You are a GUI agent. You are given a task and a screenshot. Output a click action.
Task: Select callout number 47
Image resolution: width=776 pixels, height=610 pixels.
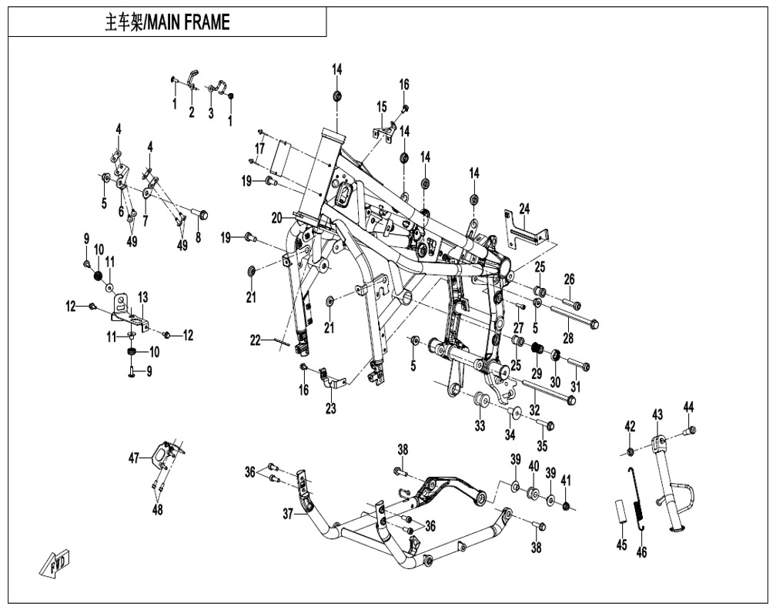coord(134,458)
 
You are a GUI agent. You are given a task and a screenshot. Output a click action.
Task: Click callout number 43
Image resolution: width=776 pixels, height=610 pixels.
coord(657,415)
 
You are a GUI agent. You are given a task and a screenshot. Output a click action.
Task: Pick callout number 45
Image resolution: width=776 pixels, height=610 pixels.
coord(622,546)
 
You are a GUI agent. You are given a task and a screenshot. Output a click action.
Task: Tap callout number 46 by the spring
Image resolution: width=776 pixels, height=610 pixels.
coord(642,551)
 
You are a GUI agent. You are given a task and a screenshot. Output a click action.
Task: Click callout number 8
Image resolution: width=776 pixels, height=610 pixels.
coord(198,238)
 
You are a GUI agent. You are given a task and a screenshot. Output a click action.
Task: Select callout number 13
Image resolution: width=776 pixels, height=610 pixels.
coord(142,297)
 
